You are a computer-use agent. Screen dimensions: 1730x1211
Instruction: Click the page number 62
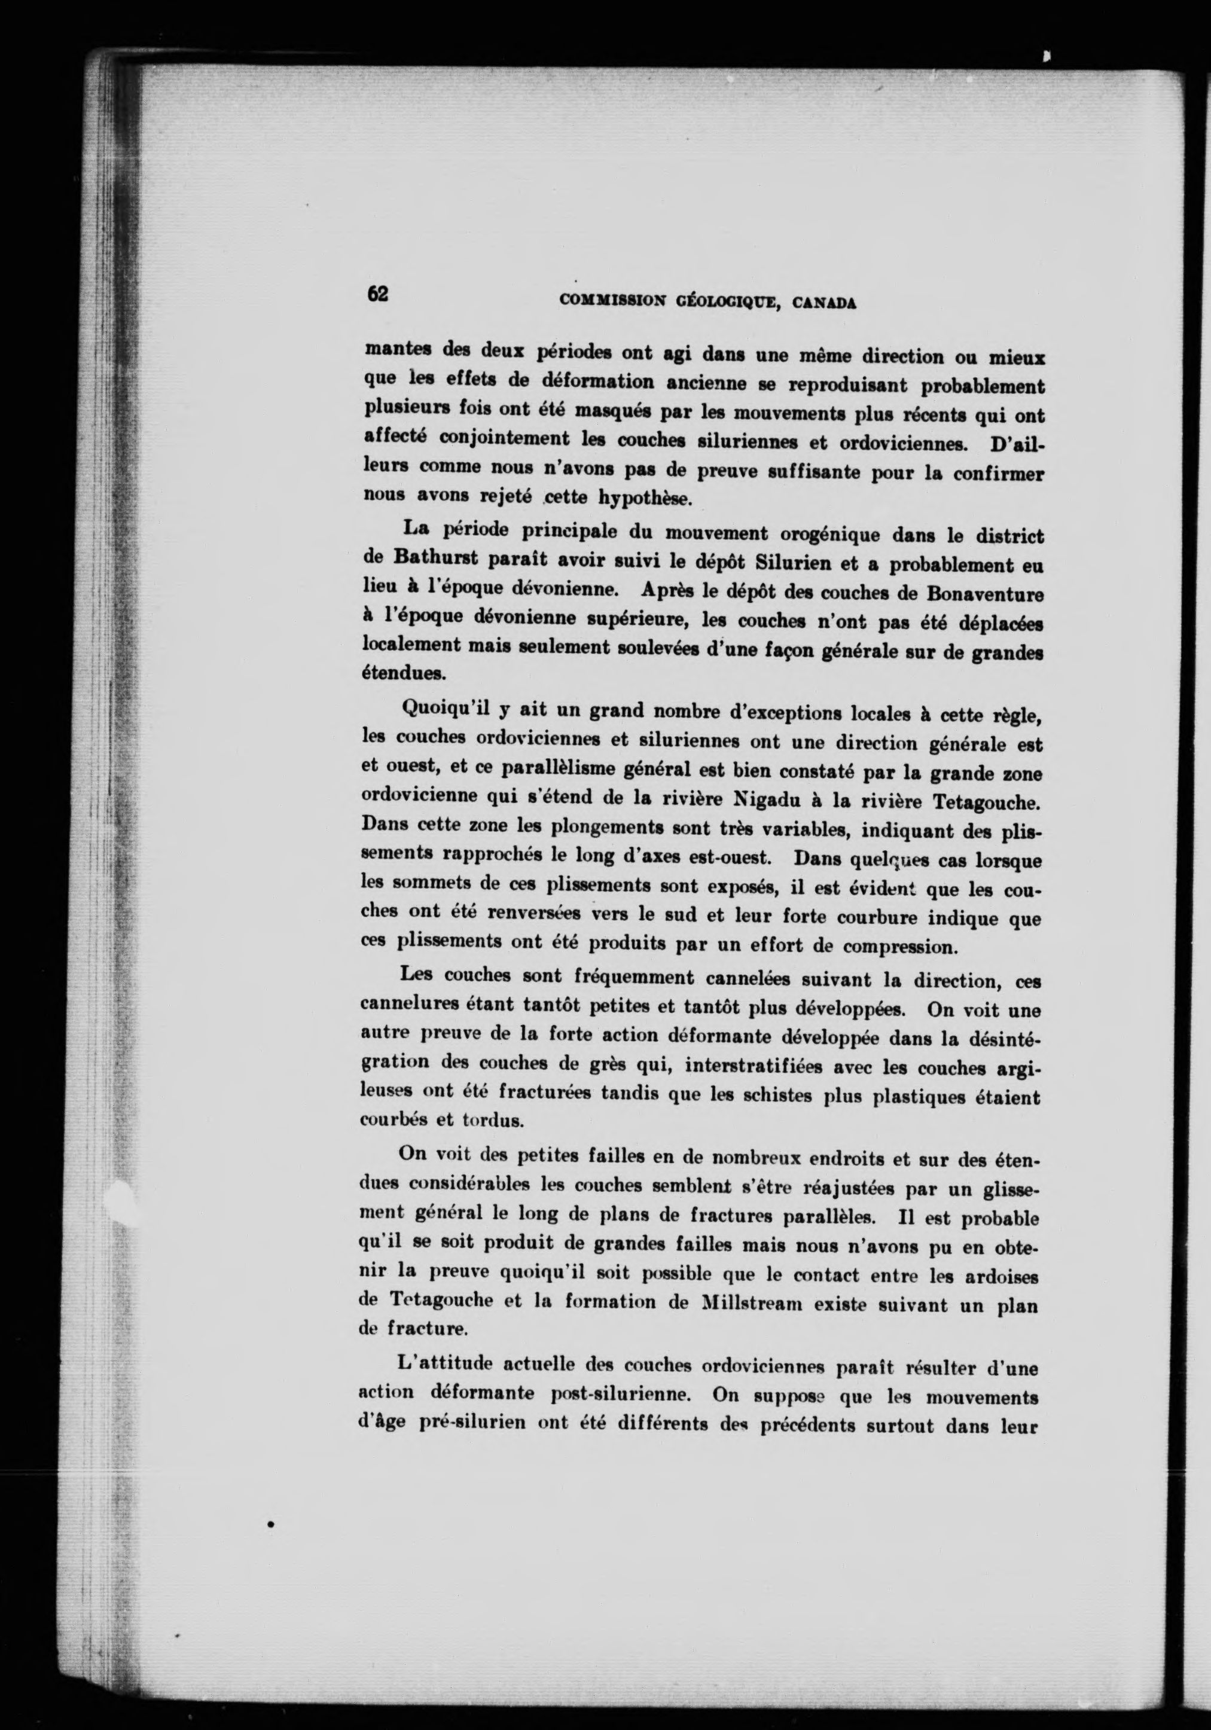coord(377,293)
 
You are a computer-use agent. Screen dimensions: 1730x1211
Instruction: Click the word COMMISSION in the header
coord(612,301)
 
